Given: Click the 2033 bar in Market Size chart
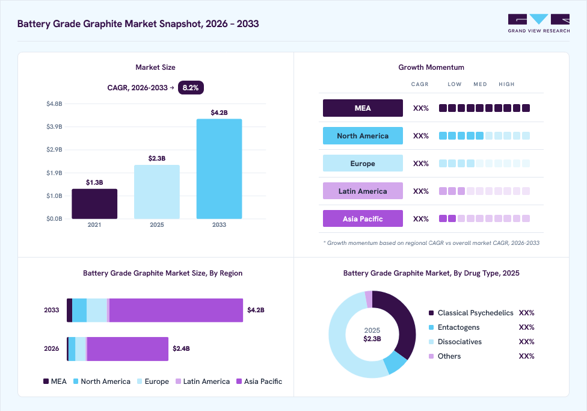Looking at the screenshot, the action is coord(219,168).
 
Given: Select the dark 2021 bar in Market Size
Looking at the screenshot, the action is coord(94,204).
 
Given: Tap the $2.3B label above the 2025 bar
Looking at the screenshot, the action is coord(157,158).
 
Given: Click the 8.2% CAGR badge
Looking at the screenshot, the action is coord(191,88).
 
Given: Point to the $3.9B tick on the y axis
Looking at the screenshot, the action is coord(54,126).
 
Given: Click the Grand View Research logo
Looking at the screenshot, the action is coord(539,23).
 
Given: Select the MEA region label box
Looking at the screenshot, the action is coord(363,108).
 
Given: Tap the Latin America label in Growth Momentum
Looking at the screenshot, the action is coord(363,191).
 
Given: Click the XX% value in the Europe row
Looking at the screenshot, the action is coord(421,163).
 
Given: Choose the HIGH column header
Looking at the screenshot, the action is coord(506,84).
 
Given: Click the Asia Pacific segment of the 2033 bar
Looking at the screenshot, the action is coord(176,311).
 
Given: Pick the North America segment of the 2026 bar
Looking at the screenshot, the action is coord(72,349).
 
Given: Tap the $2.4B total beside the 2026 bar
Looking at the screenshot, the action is coord(181,348).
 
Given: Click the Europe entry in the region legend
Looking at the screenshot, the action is coord(153,382).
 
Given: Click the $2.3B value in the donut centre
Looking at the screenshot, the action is coord(372,339).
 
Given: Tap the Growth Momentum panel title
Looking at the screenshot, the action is coord(431,67).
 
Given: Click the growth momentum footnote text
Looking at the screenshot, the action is coord(431,243).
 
